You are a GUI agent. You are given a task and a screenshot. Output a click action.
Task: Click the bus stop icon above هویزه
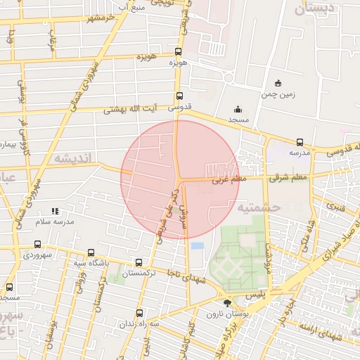click(179, 51)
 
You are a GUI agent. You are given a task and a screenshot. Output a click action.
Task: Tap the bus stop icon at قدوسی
click(179, 96)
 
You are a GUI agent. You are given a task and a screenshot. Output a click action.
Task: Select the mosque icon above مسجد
click(238, 109)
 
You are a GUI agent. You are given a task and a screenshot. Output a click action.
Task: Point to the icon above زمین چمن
click(278, 83)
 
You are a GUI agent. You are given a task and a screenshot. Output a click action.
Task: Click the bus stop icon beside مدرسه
click(300, 141)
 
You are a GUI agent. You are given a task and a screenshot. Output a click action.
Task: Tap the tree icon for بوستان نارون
click(226, 304)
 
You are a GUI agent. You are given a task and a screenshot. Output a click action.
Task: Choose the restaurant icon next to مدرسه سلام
click(56, 210)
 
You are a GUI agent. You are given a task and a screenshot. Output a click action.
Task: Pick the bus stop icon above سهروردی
click(37, 244)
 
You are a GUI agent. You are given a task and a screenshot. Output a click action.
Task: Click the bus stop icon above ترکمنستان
click(139, 263)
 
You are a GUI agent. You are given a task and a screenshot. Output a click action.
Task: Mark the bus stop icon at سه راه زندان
click(139, 313)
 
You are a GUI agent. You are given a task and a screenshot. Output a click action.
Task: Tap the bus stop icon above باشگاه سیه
click(91, 253)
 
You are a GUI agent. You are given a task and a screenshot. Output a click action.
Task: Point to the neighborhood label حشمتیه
click(259, 207)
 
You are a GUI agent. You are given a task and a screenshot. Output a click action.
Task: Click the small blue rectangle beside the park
click(197, 245)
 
